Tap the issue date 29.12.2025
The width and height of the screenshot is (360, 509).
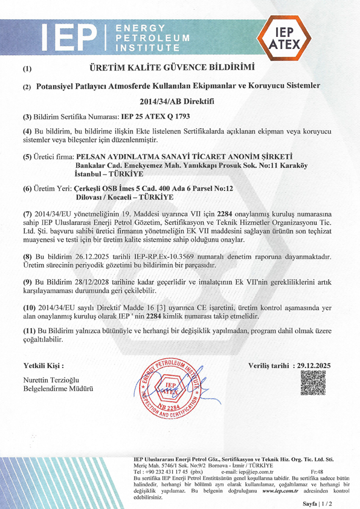(x=316, y=366)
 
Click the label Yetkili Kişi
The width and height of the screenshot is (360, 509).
(x=43, y=366)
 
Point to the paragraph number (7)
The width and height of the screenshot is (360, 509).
(x=28, y=214)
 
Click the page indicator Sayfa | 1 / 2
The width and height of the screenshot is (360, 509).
(x=322, y=503)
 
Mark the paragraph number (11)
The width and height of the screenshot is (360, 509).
(x=30, y=331)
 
